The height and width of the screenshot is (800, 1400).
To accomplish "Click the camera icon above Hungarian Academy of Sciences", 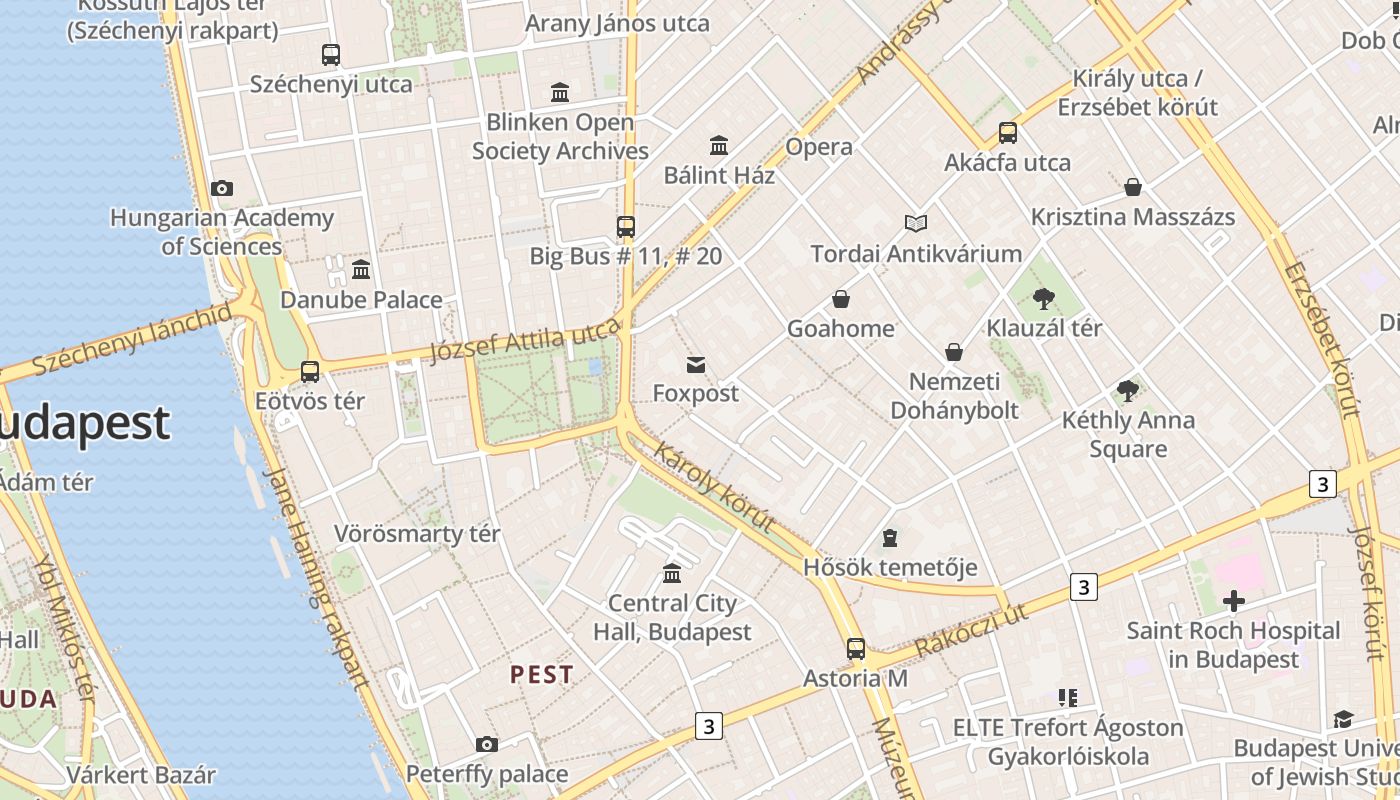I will point(222,188).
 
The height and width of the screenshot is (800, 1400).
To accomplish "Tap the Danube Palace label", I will point(361,300).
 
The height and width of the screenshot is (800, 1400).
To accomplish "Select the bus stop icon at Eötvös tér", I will point(310,372).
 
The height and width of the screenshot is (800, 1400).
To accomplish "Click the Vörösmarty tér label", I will point(417,534).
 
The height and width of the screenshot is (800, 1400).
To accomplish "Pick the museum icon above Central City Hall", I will point(672,574).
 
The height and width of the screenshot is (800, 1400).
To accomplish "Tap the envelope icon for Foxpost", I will point(696,365).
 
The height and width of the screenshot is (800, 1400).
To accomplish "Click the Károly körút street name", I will point(714,488).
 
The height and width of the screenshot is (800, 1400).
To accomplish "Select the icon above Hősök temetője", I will point(890,539).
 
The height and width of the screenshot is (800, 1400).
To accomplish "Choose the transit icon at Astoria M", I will point(856,649).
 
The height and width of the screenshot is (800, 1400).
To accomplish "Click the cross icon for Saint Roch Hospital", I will point(1234,601).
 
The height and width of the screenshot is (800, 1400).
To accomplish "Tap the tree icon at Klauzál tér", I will point(1044,298).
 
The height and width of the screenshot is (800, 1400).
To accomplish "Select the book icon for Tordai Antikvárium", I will point(916,224).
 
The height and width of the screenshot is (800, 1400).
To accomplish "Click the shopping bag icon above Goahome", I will point(841,299).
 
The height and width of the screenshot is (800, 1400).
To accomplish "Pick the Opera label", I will point(819,147).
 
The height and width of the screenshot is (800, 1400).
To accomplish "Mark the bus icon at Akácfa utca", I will point(1008,133).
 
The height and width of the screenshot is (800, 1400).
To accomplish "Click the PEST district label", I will point(542,675).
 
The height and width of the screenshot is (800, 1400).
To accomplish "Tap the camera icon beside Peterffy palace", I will point(487,744).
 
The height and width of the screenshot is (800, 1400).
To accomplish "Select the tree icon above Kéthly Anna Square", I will point(1128,390).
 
